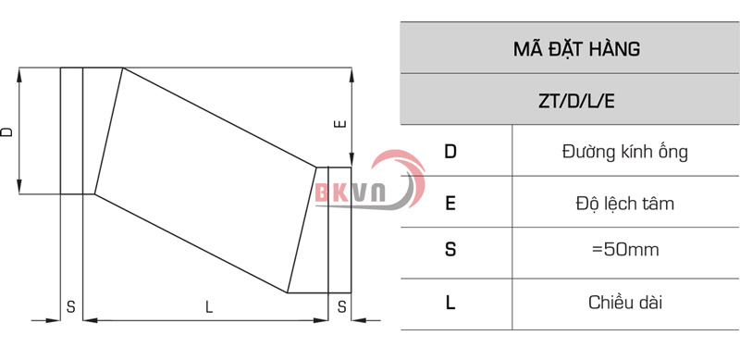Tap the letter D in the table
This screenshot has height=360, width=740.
pos(450,151)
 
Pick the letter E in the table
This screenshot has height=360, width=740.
pos(450,202)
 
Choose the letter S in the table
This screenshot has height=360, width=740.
pos(450,251)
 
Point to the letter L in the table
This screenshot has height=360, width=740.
pos(450,302)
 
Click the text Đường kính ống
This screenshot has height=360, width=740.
pos(624,151)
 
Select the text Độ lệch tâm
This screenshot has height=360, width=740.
pos(624,202)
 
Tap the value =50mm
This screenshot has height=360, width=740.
pos(624,251)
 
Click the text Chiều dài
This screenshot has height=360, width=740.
pos(624,302)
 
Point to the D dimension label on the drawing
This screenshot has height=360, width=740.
pos(8,132)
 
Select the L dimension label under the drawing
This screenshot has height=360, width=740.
pos(209,307)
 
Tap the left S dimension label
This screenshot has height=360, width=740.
pos(70,307)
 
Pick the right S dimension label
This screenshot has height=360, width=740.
pos(341,307)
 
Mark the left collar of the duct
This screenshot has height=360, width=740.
pos(71,130)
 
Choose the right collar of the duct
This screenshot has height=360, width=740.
pos(339,230)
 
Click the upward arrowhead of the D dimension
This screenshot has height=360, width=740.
pos(20,74)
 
